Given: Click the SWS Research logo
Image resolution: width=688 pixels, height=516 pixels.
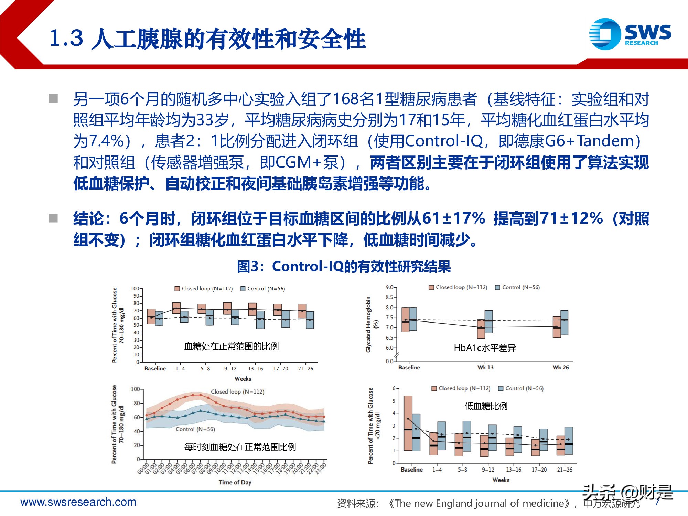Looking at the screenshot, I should pos(630,34).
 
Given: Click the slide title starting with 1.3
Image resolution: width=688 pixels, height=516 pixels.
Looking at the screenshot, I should pos(207,39).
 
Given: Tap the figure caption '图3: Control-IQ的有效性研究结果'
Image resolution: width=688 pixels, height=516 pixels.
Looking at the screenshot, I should pos(344,267).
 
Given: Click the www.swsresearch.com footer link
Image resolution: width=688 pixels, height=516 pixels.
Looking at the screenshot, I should pos(78,502).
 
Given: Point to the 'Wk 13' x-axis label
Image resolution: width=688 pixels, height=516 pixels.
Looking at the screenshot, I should pos(485,367).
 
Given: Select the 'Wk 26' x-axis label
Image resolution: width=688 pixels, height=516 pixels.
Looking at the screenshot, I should pos(560,367).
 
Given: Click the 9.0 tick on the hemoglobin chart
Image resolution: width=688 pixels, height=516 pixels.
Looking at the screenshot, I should pos(389,287).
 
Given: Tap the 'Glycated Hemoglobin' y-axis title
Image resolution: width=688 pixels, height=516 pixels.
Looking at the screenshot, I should pos(369,324).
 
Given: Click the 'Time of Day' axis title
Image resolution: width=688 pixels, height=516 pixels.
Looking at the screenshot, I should pos(235,482).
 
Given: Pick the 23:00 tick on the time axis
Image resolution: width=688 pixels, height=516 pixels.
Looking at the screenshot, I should pos(321,469).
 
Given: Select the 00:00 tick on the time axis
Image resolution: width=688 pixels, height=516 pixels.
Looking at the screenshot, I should pos(142,469).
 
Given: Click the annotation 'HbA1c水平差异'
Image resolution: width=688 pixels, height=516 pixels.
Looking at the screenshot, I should pos(485,348).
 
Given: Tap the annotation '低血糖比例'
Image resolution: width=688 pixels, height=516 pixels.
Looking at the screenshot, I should pos(486,406).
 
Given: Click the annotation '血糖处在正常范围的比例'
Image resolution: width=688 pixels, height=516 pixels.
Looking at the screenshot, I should pos(231,346).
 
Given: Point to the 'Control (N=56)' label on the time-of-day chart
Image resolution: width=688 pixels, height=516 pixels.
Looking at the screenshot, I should pos(195,429).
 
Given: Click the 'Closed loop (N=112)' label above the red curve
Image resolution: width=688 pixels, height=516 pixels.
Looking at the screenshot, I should pos(237,391).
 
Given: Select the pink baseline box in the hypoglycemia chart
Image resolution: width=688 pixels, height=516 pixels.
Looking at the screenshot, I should pos(408,423).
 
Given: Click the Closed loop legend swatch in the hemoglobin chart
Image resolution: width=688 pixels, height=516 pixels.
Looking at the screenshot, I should pos(431,287).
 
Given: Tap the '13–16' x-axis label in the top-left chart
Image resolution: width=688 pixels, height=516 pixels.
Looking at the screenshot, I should pos(255,369).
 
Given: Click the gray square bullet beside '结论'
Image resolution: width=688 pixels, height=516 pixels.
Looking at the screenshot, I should pos(53,218).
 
